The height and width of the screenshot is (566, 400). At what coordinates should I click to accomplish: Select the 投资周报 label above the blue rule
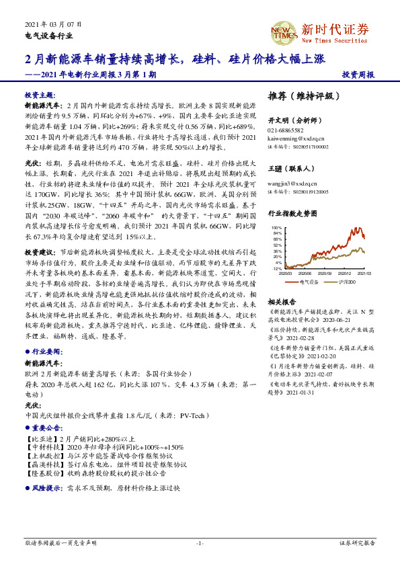(358, 75)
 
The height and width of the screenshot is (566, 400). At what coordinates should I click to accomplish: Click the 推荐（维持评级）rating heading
(300, 96)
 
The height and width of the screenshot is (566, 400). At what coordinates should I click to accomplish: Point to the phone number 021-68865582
(286, 130)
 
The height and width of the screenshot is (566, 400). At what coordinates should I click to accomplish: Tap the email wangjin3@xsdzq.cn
(290, 182)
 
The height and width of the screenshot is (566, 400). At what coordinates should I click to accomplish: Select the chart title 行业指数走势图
(292, 213)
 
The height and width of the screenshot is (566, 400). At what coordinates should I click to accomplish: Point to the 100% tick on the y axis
(277, 228)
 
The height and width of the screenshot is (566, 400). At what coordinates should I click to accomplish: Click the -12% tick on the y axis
(277, 268)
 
